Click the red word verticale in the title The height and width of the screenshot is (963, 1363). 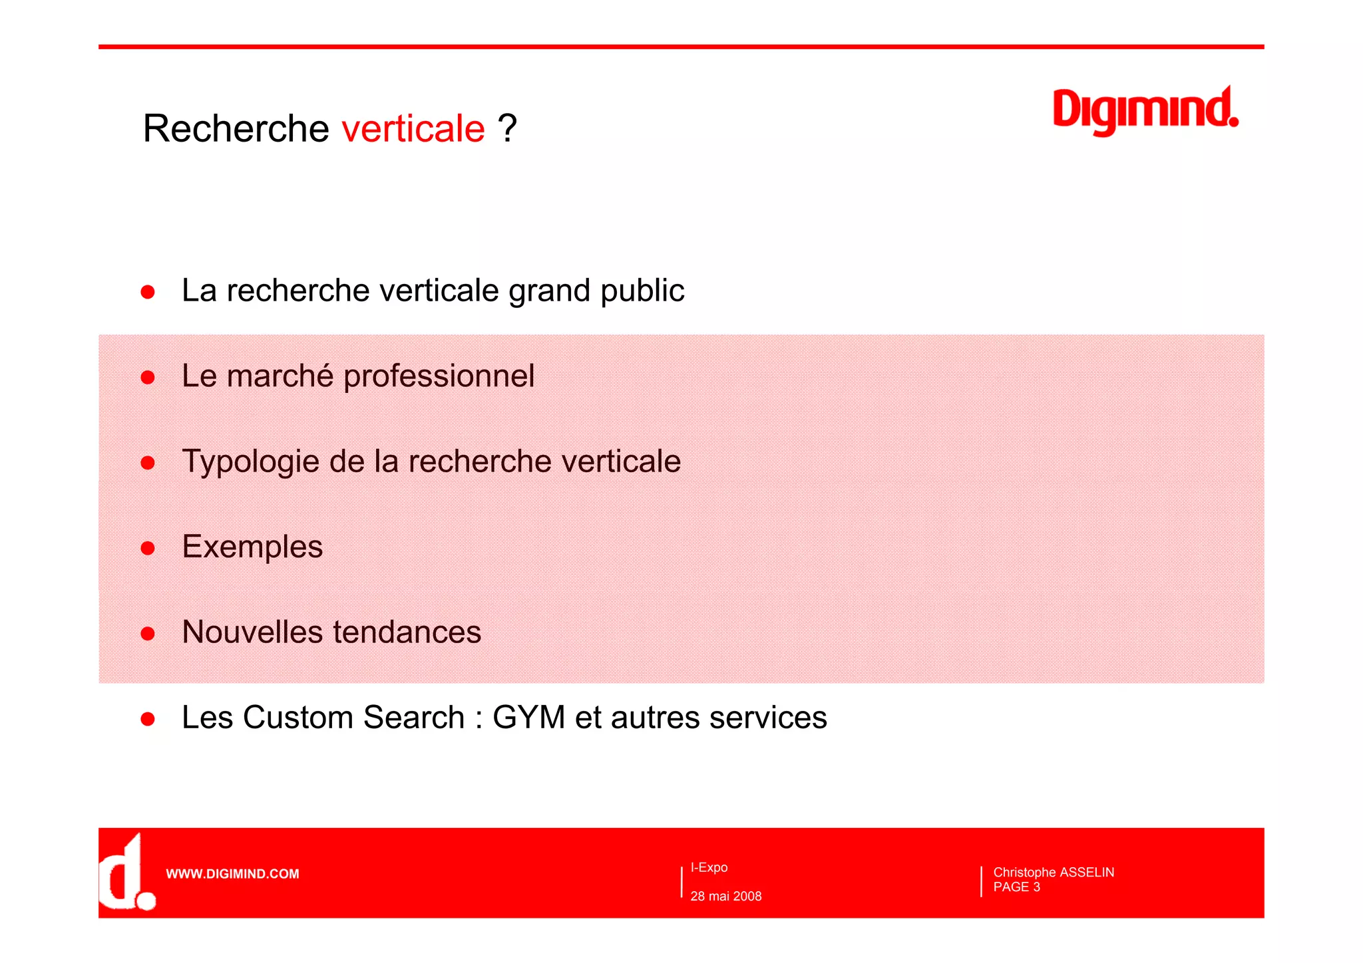(413, 128)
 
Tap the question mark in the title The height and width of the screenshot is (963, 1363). (507, 128)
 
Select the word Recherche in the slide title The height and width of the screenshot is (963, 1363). (236, 128)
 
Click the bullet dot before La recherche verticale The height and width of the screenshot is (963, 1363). (148, 292)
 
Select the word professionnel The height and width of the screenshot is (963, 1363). (439, 376)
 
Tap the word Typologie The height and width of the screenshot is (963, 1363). (250, 462)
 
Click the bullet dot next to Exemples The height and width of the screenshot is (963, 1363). (148, 548)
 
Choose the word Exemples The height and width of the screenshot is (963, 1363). (252, 547)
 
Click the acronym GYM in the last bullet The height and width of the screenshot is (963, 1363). (528, 718)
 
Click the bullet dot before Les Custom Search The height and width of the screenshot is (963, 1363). (148, 719)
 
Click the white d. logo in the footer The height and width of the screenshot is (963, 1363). (126, 873)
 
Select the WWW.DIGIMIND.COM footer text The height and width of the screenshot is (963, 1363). (232, 874)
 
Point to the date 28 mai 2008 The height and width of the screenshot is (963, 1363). (726, 896)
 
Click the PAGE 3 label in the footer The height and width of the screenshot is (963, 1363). (1016, 887)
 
